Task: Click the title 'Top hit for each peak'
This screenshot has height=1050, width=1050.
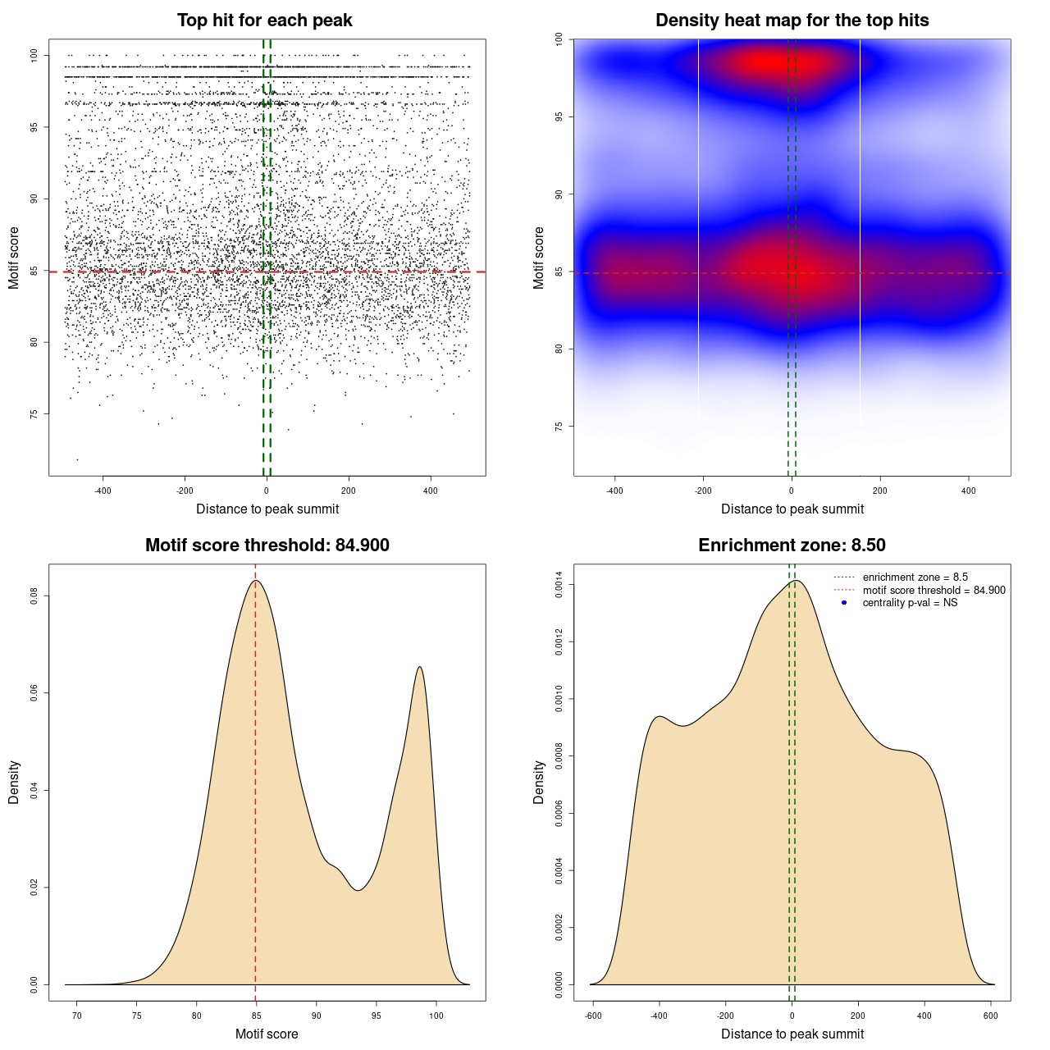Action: (264, 21)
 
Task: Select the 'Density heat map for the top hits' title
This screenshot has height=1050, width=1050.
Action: (792, 21)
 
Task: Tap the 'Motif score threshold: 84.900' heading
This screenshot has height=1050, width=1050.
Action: (267, 546)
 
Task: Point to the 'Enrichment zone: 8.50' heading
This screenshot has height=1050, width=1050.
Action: (792, 546)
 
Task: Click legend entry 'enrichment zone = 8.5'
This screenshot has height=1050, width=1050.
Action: (915, 577)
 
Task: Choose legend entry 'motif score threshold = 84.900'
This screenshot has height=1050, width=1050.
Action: (934, 591)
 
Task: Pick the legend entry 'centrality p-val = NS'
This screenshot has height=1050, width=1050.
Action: (910, 603)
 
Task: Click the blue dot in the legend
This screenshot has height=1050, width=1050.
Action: (844, 603)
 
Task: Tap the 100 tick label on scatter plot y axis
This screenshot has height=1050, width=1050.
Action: (34, 55)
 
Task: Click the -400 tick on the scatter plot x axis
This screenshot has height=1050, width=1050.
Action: (103, 491)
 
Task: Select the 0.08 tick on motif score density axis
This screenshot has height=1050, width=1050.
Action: (34, 596)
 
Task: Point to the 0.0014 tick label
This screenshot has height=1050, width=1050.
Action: (559, 585)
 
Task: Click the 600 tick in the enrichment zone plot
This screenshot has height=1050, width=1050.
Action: (991, 1016)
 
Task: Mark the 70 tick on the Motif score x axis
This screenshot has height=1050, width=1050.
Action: (77, 1016)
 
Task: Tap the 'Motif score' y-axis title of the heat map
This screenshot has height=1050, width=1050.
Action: (539, 258)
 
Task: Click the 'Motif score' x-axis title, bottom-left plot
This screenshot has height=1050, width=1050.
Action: (267, 1034)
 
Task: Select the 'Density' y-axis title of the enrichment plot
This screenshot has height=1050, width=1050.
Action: (539, 782)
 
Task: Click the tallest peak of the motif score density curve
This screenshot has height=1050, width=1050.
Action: (256, 581)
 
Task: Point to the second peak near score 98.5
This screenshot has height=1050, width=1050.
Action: (419, 667)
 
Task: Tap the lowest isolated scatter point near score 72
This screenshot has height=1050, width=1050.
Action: (78, 459)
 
